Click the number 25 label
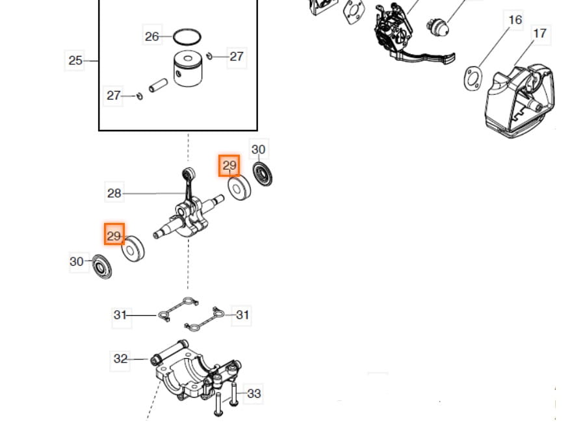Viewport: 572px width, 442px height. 75,60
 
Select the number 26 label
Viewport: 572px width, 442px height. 151,36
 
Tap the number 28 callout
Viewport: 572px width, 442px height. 114,193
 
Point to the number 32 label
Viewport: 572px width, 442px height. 121,358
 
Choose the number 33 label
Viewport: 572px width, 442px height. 254,393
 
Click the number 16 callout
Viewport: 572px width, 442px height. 515,20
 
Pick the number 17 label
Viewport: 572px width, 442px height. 539,33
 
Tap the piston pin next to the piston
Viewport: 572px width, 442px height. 159,84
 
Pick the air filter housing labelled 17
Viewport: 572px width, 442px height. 520,97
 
